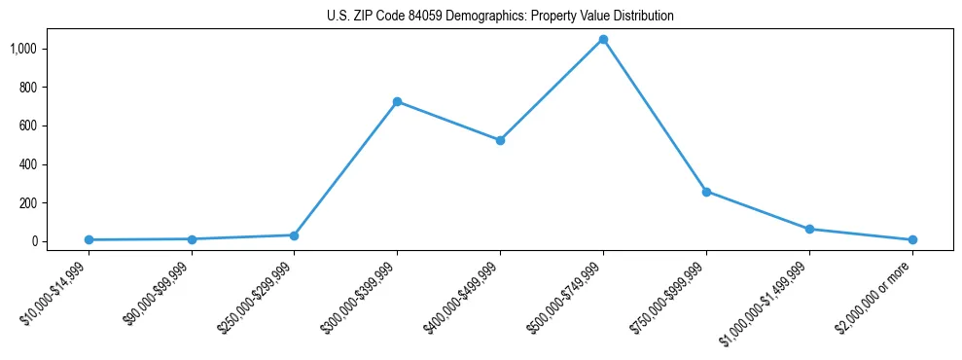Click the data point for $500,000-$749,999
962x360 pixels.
603,40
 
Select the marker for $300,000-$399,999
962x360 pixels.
397,101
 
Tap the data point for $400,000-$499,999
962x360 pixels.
500,140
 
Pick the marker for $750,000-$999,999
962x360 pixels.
706,192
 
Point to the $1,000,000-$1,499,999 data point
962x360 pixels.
809,229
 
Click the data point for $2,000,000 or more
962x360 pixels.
912,239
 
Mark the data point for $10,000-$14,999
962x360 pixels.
89,239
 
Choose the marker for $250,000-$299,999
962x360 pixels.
294,234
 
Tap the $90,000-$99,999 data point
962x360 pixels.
192,238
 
